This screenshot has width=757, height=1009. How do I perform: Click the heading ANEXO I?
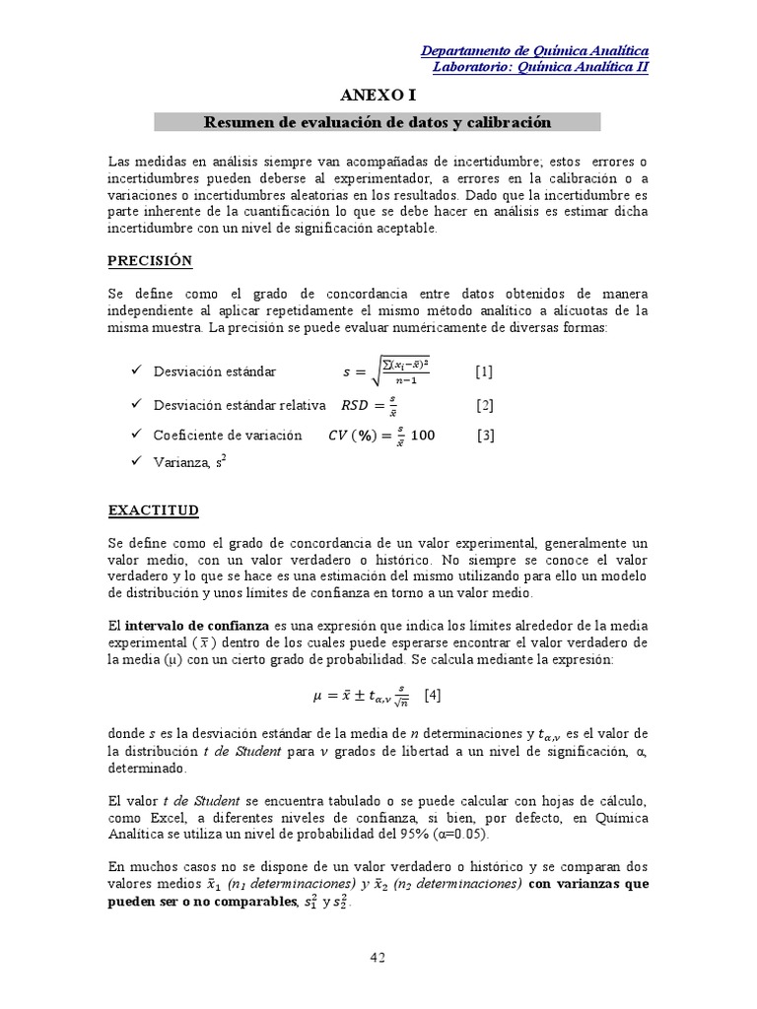point(378,95)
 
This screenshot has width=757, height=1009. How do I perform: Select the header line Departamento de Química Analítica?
point(534,51)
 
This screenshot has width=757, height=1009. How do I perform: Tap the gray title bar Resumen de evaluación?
point(378,122)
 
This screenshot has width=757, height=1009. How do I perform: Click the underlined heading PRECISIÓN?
point(150,261)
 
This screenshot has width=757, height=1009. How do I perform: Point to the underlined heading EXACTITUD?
point(153,510)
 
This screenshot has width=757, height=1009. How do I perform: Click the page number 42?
point(378,957)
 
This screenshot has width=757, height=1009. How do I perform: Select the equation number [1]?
point(483,371)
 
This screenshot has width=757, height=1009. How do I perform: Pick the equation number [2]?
point(484,405)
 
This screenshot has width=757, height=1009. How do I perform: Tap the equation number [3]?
point(485,436)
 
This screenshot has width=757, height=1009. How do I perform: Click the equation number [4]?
point(432,695)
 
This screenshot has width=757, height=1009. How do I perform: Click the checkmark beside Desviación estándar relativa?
point(136,405)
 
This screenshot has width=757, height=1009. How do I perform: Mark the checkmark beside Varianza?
point(136,461)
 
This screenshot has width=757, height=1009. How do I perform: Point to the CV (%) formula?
point(380,436)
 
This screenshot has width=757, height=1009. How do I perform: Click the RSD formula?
point(369,405)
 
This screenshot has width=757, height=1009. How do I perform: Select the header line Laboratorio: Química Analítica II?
point(541,67)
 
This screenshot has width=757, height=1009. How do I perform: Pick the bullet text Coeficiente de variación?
point(228,436)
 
